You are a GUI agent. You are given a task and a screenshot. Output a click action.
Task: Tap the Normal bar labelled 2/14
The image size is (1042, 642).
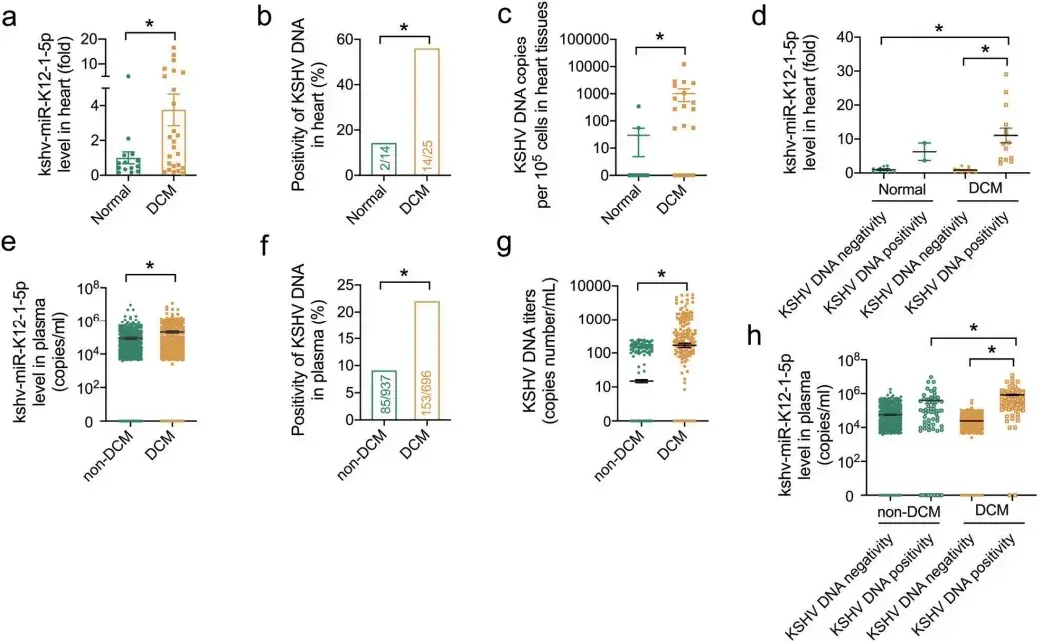pyautogui.click(x=370, y=159)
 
